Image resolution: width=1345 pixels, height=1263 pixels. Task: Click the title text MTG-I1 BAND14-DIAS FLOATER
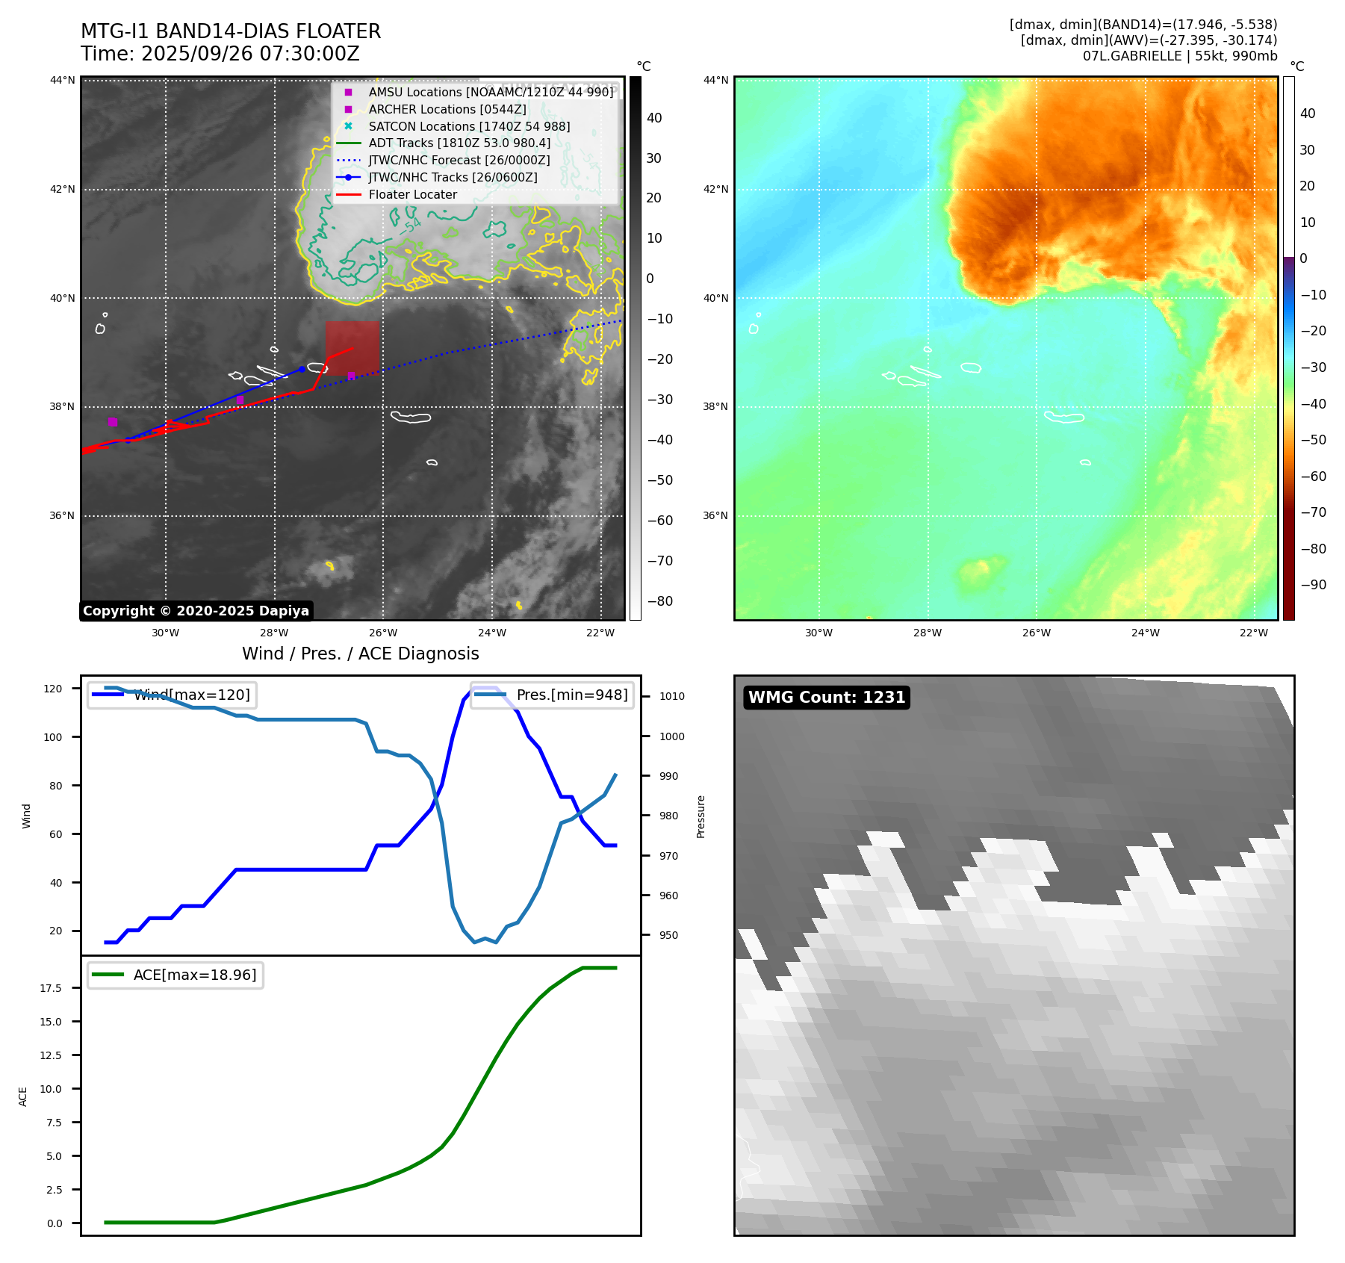tap(231, 31)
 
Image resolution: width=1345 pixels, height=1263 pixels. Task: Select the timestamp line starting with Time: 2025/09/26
tap(220, 54)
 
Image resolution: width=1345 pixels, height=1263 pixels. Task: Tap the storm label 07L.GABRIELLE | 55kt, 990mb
tap(1180, 56)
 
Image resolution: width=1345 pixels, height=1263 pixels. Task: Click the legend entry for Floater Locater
tap(412, 194)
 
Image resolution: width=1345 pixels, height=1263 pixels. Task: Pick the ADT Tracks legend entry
tap(459, 143)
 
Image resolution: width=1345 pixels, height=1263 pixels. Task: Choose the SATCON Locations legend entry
tap(469, 126)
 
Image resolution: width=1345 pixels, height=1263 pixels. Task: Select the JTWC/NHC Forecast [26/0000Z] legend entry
tap(459, 160)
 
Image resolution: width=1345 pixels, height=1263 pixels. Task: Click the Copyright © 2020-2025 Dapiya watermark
tap(196, 611)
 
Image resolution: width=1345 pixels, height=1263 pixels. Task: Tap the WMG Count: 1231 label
tap(827, 697)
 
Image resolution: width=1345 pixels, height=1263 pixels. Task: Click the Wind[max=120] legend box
tap(172, 695)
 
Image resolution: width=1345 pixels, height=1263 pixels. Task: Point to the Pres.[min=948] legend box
tap(552, 695)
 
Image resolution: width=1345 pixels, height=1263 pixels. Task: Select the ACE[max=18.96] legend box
tap(175, 975)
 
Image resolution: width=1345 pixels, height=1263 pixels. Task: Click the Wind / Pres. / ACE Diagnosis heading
tap(361, 654)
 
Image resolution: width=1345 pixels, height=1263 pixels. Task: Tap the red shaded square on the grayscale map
tap(352, 347)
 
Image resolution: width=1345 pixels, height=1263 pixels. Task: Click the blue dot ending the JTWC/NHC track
tap(302, 369)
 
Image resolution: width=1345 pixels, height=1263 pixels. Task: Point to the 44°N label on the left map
tap(63, 81)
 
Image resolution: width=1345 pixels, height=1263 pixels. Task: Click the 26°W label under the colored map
tap(1036, 633)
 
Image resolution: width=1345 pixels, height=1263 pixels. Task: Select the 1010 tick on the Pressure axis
tap(671, 696)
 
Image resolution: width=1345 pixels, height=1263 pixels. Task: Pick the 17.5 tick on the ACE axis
tap(52, 988)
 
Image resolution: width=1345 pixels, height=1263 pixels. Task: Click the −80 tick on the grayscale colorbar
tap(659, 601)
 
